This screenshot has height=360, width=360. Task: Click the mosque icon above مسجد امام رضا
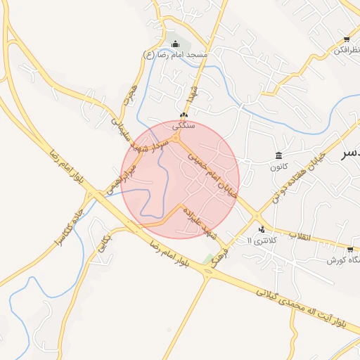[x=175, y=44]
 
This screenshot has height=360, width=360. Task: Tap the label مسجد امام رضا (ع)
[x=175, y=55]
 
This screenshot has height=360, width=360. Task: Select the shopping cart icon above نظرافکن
[x=346, y=39]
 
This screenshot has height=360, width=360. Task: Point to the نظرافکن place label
[x=342, y=50]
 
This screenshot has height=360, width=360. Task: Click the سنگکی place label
[x=184, y=125]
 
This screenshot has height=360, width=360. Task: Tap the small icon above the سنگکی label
[x=184, y=115]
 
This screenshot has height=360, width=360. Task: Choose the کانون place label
[x=279, y=167]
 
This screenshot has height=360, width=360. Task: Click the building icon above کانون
[x=279, y=155]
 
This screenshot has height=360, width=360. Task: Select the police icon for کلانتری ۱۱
[x=262, y=229]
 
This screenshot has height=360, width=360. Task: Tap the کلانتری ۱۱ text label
[x=263, y=240]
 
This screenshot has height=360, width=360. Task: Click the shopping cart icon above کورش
[x=350, y=249]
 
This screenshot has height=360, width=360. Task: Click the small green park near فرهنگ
[x=208, y=259]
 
